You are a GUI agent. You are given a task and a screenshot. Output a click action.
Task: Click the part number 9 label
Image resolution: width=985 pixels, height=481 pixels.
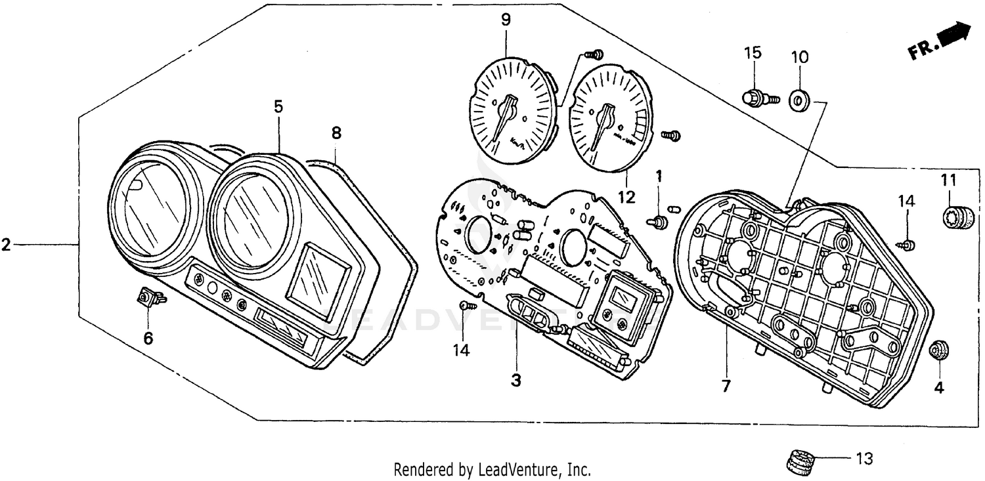pos(506,20)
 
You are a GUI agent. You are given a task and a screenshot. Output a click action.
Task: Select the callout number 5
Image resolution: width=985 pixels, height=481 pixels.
pos(278,106)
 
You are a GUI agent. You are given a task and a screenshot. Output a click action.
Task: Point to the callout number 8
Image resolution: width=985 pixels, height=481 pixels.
pos(336,133)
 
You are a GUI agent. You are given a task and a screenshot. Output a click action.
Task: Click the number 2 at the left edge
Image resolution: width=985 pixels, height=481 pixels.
pos(6,245)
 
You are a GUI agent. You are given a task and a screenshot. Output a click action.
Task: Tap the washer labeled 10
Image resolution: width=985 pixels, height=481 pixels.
pos(800,100)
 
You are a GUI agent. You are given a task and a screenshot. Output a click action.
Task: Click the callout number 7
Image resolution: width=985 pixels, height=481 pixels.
pos(726,387)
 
